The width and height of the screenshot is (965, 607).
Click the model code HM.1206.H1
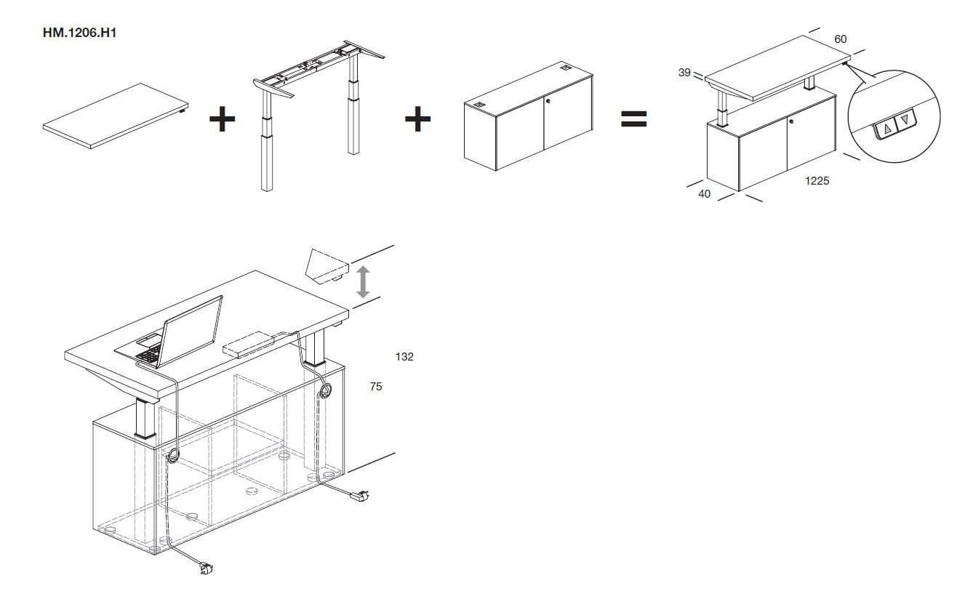point(80,33)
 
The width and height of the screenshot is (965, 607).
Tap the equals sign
point(633,119)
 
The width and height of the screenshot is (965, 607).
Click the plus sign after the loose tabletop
point(223,118)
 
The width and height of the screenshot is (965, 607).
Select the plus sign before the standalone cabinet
point(418,118)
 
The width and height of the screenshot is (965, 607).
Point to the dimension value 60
point(841,39)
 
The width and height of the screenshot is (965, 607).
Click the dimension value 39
point(684,73)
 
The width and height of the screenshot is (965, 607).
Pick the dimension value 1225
point(817,181)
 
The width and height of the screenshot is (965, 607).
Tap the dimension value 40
point(704,194)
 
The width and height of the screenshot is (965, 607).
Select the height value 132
point(404,357)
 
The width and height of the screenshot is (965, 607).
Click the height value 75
point(376,387)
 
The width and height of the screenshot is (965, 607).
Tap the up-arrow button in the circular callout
point(886,129)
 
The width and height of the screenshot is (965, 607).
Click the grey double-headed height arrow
point(363,282)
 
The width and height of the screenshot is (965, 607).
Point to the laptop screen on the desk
point(190,331)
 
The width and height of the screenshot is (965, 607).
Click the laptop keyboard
point(148,355)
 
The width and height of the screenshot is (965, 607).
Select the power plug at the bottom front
point(205,568)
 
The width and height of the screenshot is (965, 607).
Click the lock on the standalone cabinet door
point(548,101)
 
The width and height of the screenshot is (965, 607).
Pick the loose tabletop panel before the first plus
point(116,116)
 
